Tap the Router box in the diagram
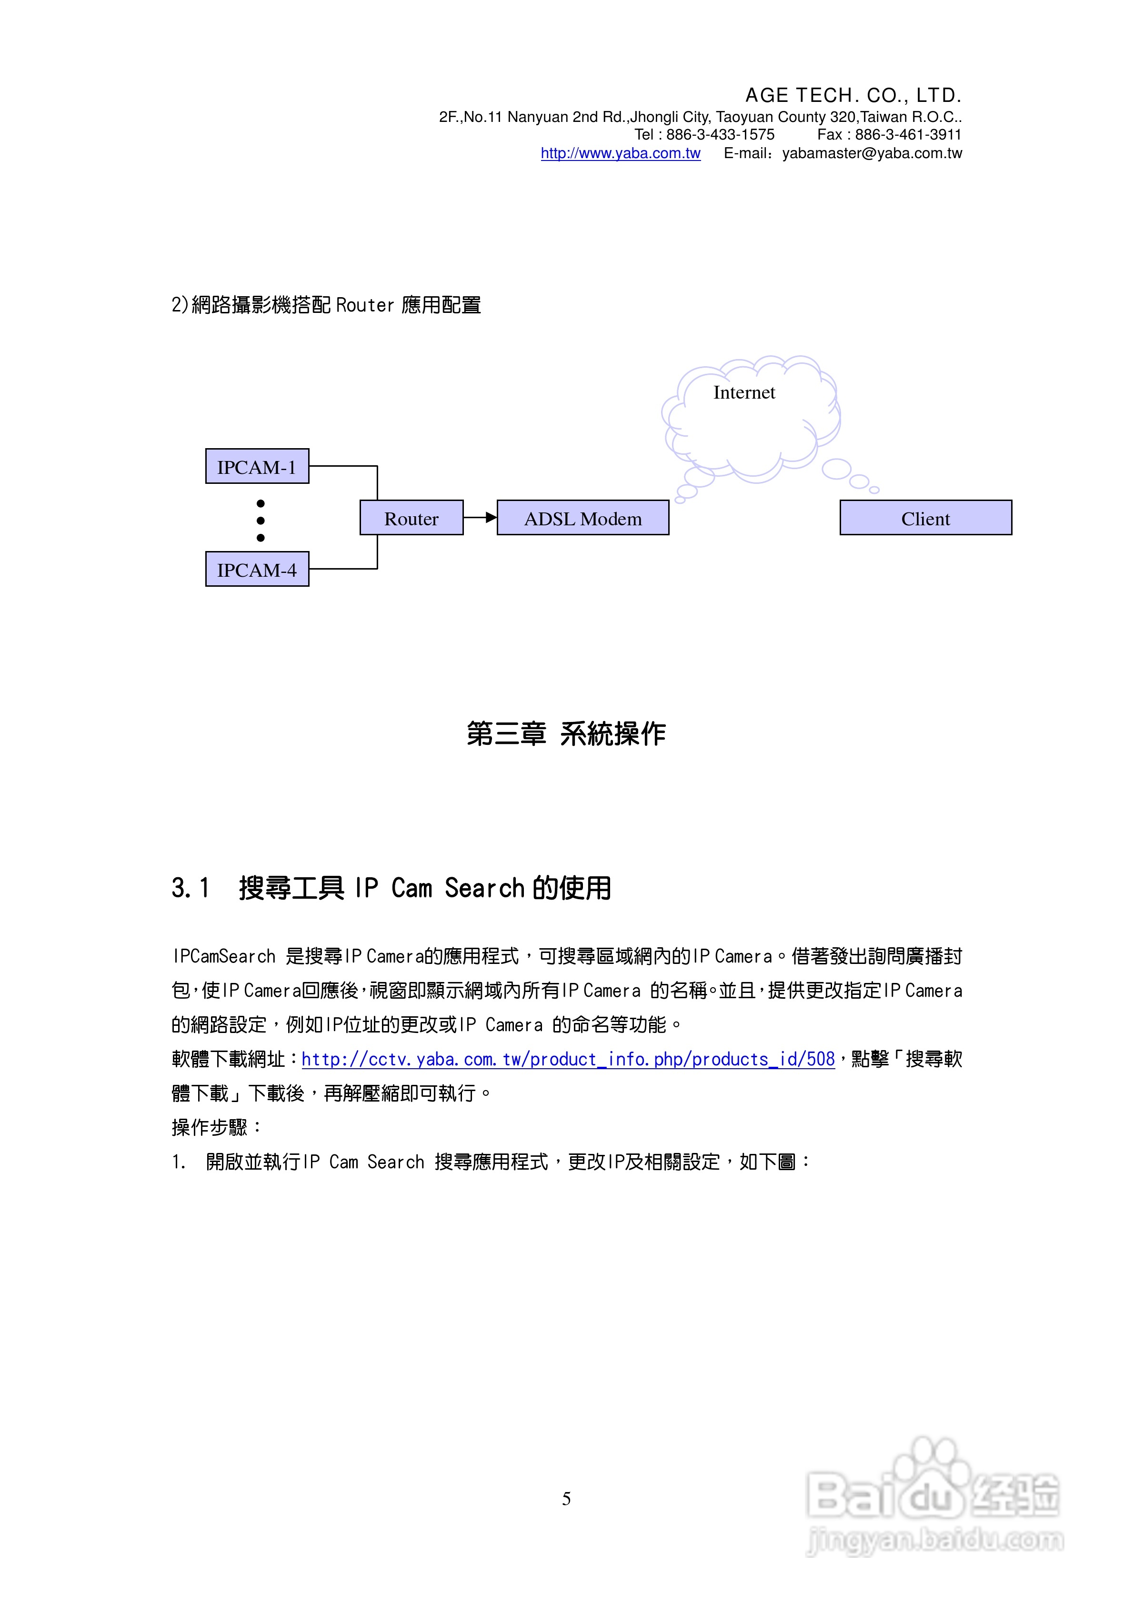(411, 518)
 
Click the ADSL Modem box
(583, 518)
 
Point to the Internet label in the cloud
(743, 392)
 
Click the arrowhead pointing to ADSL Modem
(491, 517)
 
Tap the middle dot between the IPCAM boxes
(261, 521)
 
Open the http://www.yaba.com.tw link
(621, 153)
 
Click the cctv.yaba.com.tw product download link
(568, 1060)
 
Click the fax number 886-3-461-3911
(908, 135)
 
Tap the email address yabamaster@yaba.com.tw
(872, 153)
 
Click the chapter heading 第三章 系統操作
(566, 733)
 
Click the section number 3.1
(190, 888)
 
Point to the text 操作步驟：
(217, 1127)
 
